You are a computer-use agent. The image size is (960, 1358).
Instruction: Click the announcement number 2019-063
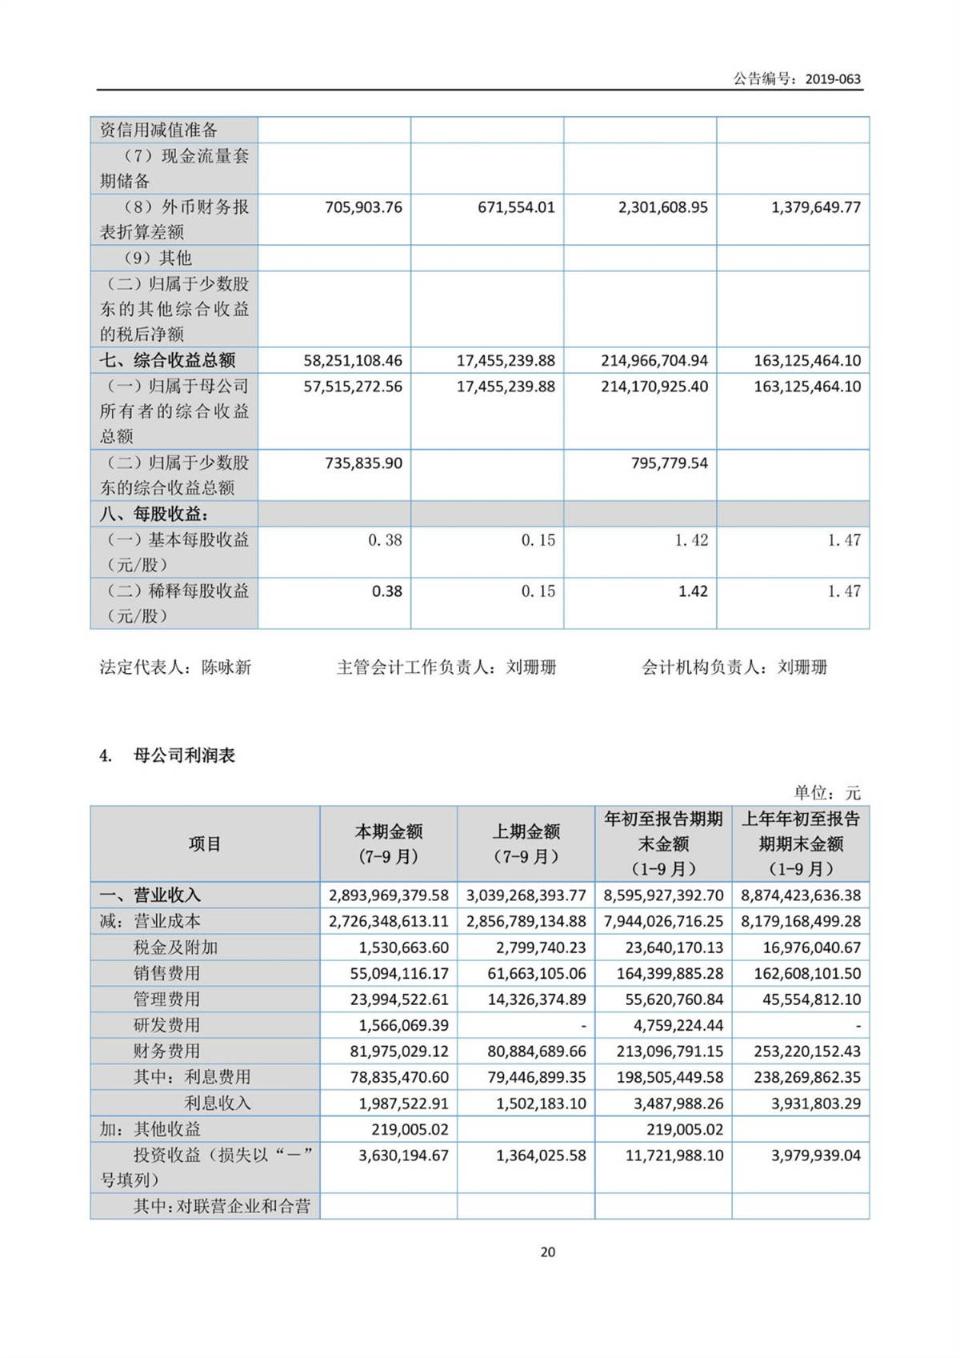pos(833,79)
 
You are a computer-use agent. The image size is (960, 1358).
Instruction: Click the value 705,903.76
pos(363,207)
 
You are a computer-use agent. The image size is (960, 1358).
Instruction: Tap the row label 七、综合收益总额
pos(167,360)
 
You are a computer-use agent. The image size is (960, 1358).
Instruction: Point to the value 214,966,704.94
pos(654,361)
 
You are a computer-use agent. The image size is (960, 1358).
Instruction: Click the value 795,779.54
pos(669,463)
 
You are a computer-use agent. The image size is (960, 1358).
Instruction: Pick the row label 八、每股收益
pos(154,514)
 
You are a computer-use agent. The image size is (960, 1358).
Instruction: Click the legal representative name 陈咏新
pos(226,667)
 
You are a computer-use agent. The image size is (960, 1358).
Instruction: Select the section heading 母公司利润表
pos(184,755)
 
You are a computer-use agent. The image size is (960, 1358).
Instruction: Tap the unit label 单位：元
pos(826,793)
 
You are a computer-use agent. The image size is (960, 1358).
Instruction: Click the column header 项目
pos(205,843)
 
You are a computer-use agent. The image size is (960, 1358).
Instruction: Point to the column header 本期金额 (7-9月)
pos(389,843)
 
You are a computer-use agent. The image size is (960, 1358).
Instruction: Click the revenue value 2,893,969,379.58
pos(389,895)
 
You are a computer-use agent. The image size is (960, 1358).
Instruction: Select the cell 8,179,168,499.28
pos(801,921)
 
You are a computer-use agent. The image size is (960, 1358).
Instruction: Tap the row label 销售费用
pos(166,973)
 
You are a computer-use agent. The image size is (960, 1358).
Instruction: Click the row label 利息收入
pos(218,1103)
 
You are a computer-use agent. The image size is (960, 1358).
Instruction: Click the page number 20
pos(548,1252)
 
